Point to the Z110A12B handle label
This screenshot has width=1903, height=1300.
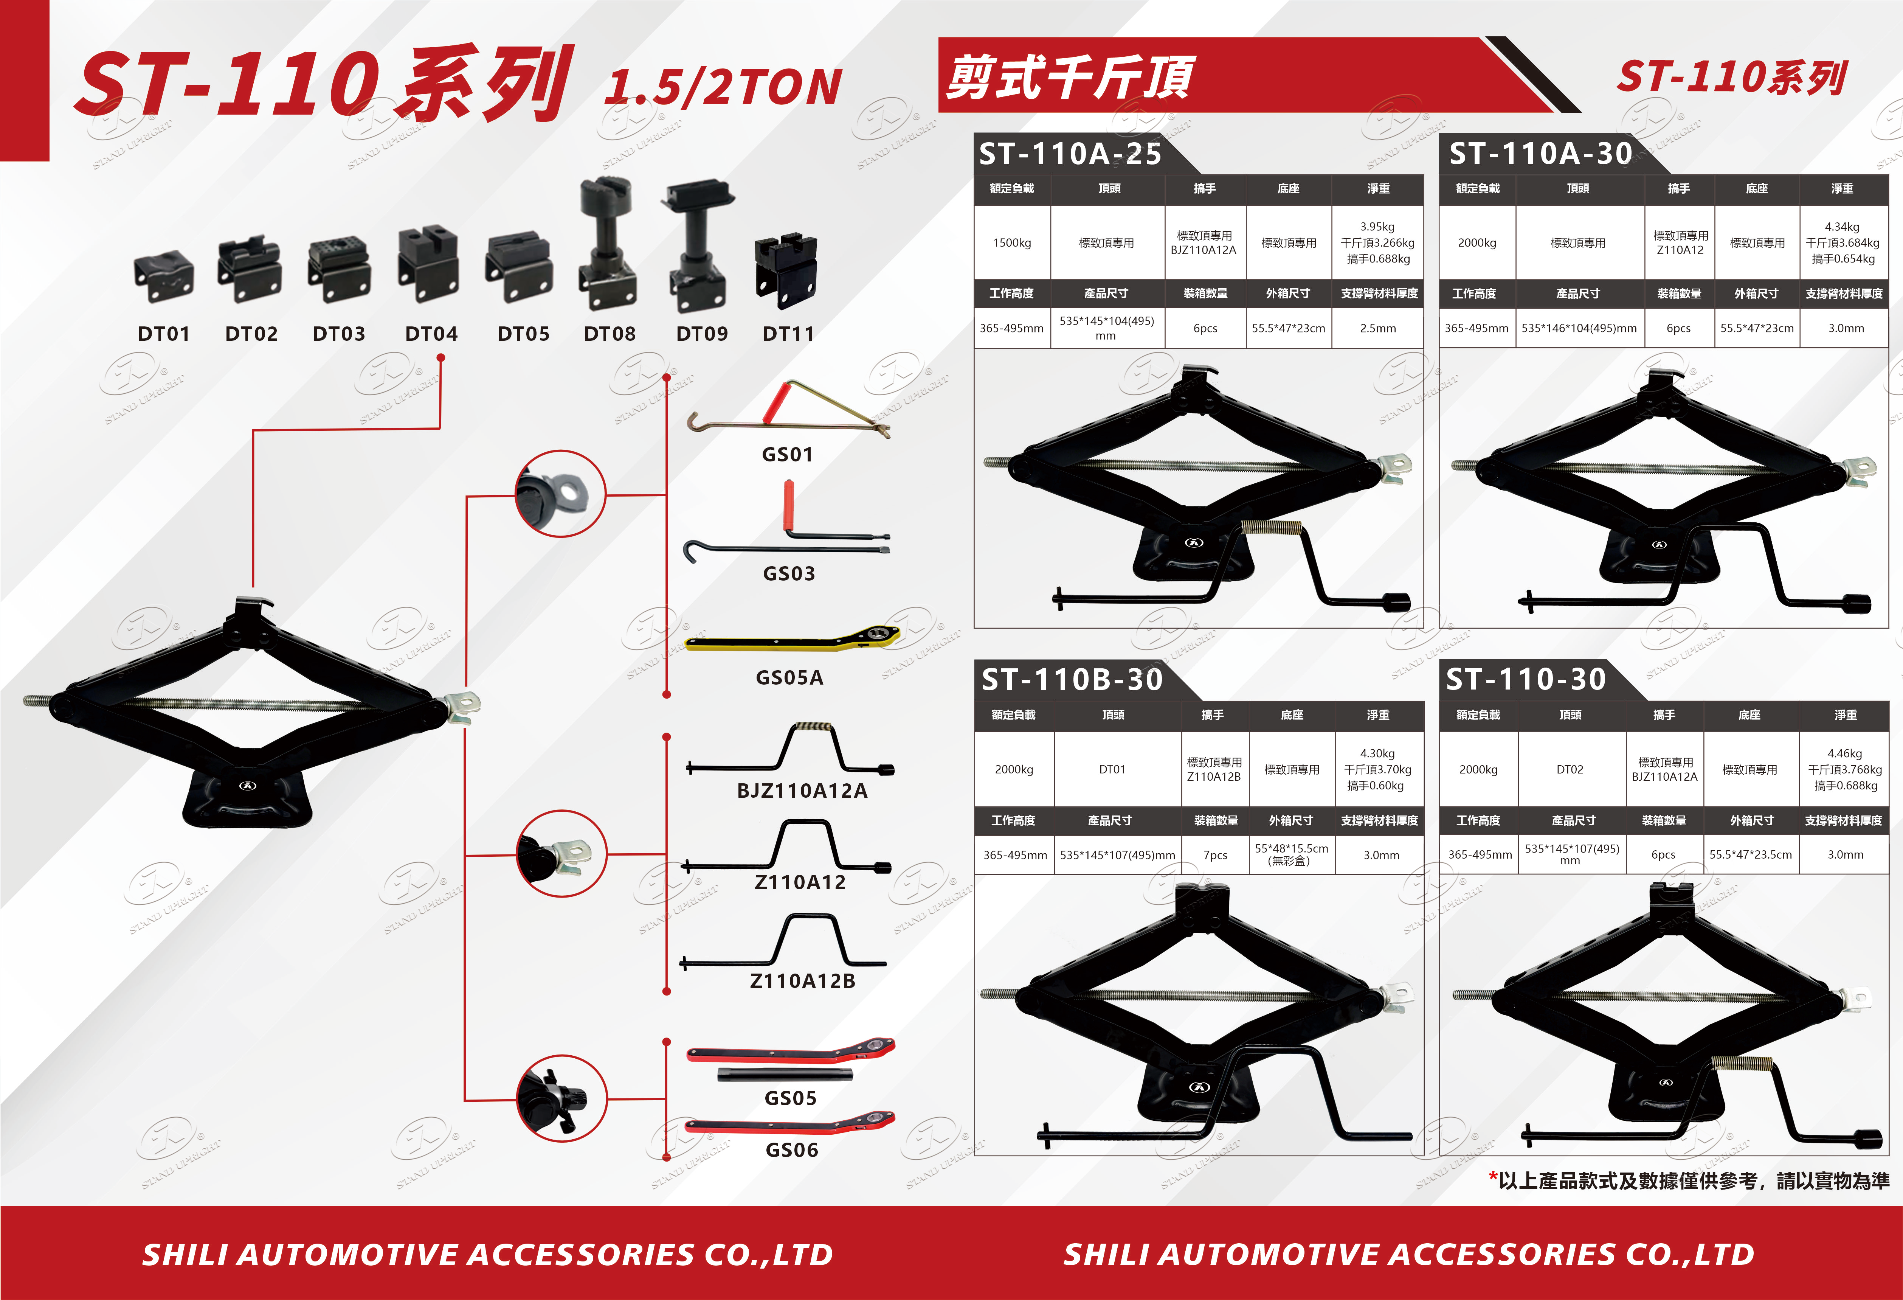(x=802, y=980)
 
